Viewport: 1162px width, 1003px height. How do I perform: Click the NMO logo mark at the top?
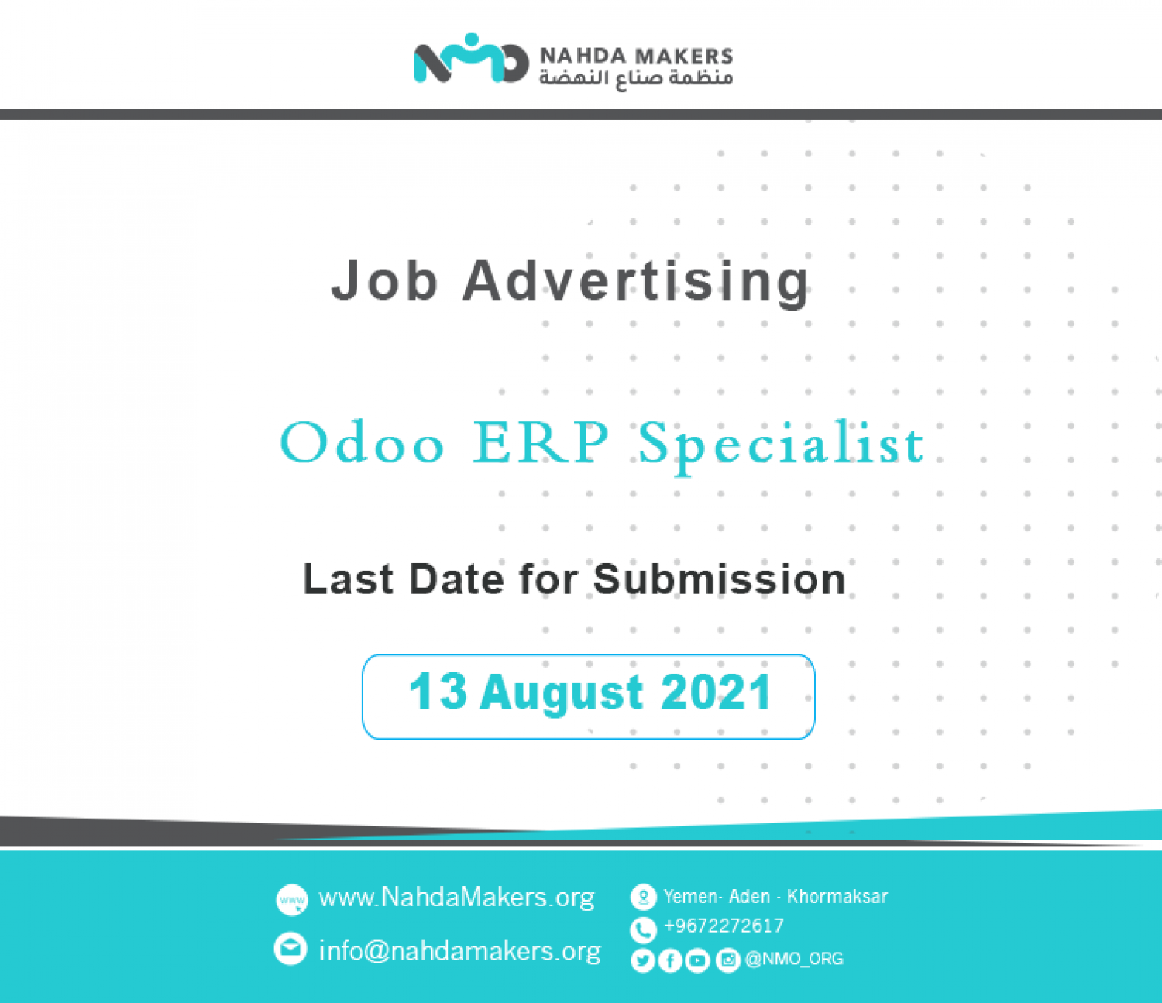point(470,58)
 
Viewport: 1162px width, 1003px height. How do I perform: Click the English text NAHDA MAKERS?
point(636,56)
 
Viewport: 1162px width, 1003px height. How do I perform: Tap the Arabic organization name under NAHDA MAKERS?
point(636,78)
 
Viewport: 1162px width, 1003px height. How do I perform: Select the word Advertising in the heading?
point(636,283)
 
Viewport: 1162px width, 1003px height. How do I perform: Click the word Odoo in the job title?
point(362,442)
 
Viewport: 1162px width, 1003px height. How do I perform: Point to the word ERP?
point(540,442)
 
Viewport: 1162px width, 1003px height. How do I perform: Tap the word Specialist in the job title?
point(781,447)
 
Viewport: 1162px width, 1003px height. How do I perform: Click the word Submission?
point(719,579)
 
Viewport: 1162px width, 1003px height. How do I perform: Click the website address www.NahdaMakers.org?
point(456,897)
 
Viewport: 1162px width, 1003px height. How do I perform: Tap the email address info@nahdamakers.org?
point(460,950)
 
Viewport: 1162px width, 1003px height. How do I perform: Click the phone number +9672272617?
point(724,925)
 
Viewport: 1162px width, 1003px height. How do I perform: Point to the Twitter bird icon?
point(642,960)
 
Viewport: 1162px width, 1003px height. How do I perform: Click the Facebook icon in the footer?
point(670,960)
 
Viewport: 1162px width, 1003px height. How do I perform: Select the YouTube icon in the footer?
point(697,960)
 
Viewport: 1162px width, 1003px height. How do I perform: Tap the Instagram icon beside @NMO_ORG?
point(728,960)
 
